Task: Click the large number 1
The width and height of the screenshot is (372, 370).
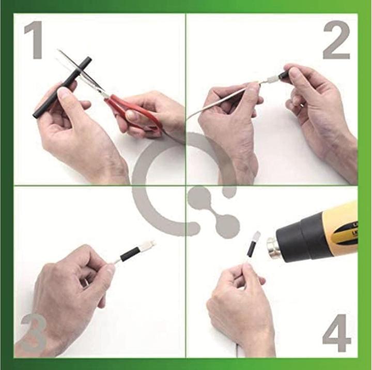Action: point(34,40)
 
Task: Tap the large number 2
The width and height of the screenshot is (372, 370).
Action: point(337,40)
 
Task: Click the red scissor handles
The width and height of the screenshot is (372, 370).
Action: point(135,112)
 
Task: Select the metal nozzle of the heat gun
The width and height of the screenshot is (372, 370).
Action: point(273,247)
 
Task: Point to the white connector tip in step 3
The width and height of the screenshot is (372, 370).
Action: point(148,244)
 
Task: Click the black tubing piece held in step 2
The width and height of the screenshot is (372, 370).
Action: point(285,75)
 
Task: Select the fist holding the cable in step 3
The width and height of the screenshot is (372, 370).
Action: point(71,285)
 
